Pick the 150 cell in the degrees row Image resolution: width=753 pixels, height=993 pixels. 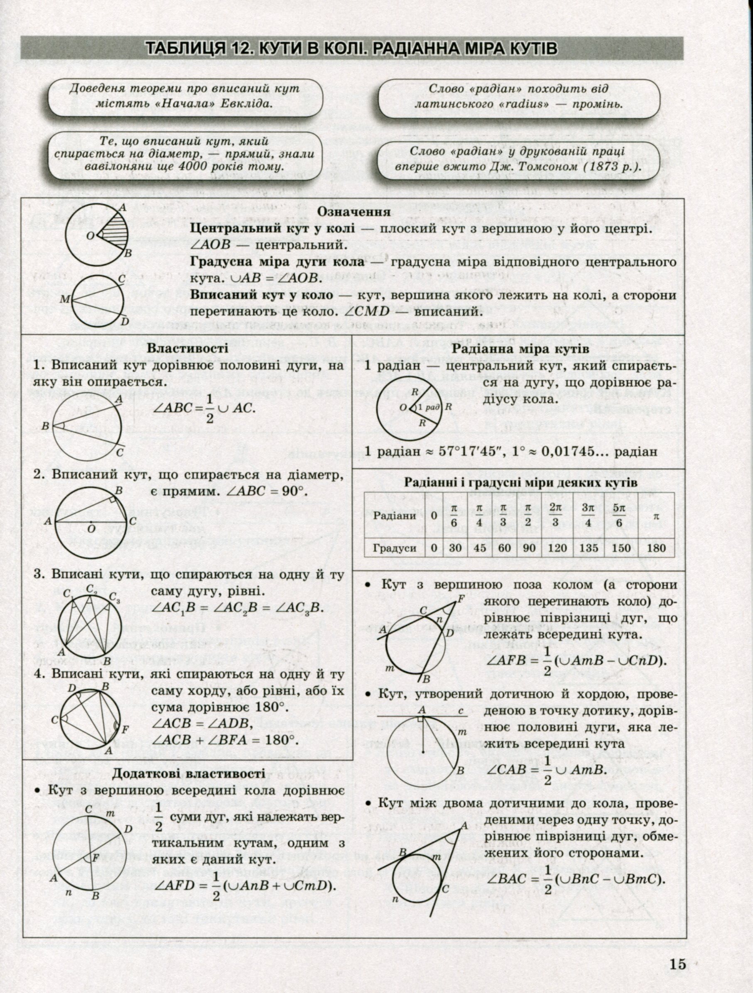click(621, 548)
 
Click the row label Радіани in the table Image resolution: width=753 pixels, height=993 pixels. click(395, 516)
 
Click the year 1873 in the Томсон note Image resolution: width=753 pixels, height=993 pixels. click(603, 167)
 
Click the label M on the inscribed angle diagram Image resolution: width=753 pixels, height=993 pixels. click(63, 299)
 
